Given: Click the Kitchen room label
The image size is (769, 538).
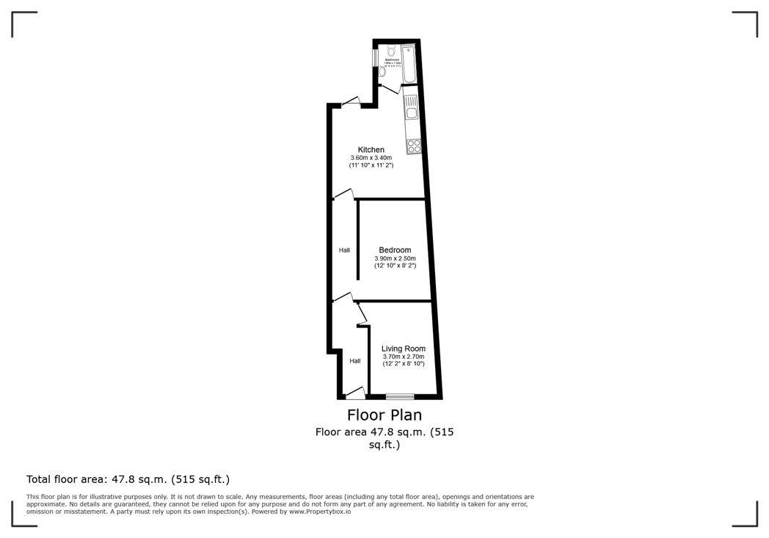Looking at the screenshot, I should (x=371, y=150).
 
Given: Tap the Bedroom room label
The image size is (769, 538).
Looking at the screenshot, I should (x=395, y=250).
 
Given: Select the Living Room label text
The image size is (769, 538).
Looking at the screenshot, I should (x=403, y=349).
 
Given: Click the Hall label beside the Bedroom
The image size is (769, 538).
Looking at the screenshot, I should (x=344, y=250).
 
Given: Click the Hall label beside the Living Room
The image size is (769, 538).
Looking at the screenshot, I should (x=354, y=361).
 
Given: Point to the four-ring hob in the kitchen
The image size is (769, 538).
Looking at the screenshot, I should (x=414, y=145).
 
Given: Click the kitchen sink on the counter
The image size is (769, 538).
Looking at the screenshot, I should (x=412, y=114).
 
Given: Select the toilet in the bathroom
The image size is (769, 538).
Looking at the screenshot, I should (x=390, y=51).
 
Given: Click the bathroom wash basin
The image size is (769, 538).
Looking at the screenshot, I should (x=382, y=72).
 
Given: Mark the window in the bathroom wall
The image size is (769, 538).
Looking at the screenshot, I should (x=375, y=57).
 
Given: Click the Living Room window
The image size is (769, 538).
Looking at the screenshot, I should (x=400, y=396).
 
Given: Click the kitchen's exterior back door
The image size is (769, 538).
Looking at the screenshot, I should (x=351, y=103).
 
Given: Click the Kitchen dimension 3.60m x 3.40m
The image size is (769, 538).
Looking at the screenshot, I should (x=371, y=159).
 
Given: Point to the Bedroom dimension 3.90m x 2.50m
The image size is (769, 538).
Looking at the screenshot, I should (x=395, y=258).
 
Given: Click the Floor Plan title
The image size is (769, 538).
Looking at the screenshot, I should (x=384, y=415).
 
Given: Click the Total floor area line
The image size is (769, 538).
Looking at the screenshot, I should (x=128, y=479).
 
